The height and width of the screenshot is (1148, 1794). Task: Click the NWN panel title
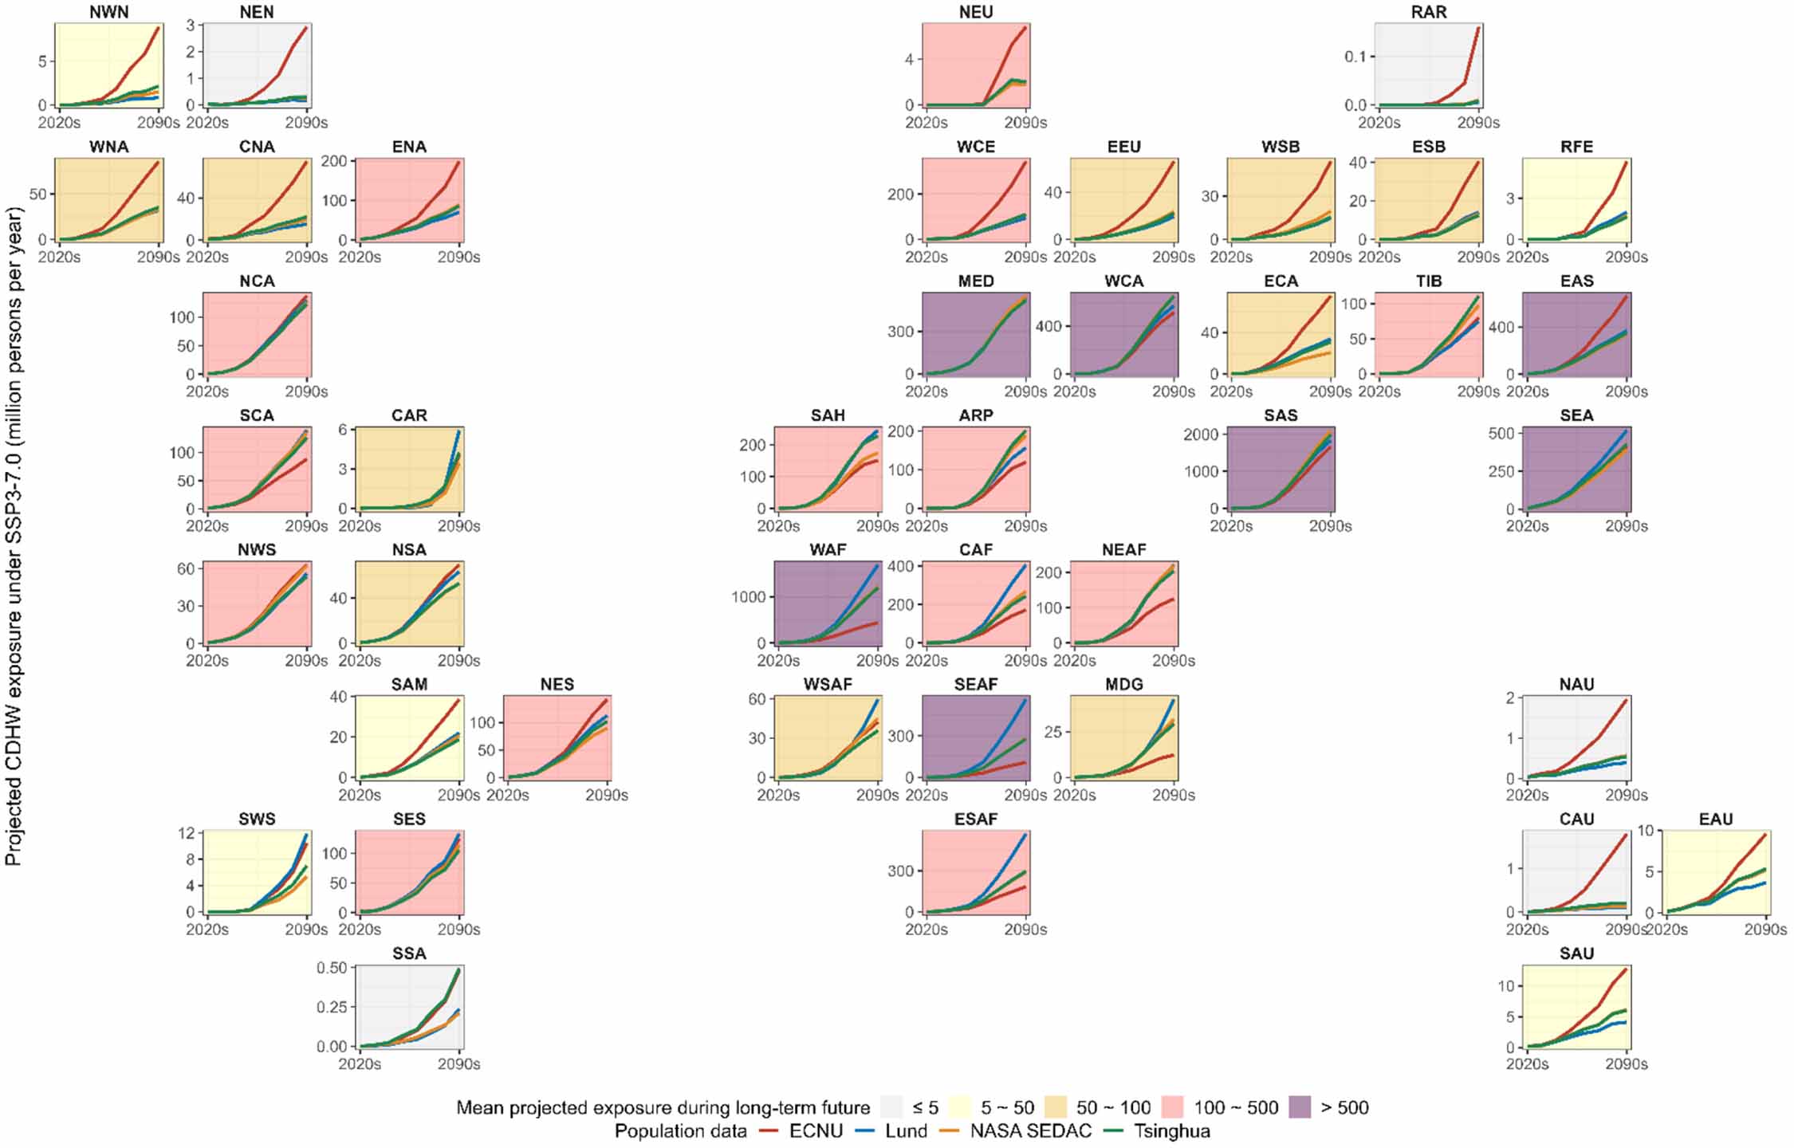click(109, 12)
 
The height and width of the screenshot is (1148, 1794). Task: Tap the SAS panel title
click(1281, 415)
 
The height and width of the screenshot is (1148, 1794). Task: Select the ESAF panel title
click(976, 819)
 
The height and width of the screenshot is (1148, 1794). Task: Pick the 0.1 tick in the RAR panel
click(1355, 56)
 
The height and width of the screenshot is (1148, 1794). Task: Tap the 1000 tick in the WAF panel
click(749, 596)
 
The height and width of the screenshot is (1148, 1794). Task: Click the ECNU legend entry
click(815, 1130)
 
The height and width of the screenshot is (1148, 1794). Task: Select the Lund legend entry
click(906, 1130)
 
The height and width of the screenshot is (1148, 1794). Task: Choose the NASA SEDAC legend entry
click(1030, 1130)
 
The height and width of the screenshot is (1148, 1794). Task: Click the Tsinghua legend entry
click(1171, 1130)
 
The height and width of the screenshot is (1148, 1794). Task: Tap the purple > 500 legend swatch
click(1300, 1107)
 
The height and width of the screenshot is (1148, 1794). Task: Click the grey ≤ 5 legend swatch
click(892, 1107)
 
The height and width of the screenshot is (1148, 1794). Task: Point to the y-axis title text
click(14, 536)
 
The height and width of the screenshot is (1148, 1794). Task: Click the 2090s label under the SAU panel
click(1626, 1063)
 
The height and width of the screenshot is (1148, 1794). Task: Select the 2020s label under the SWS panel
click(207, 930)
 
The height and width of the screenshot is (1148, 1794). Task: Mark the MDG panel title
click(1123, 684)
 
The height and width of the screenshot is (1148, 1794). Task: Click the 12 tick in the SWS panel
click(186, 833)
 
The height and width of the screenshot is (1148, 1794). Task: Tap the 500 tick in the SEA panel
click(1501, 433)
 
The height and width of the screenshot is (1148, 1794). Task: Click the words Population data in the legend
click(680, 1130)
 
